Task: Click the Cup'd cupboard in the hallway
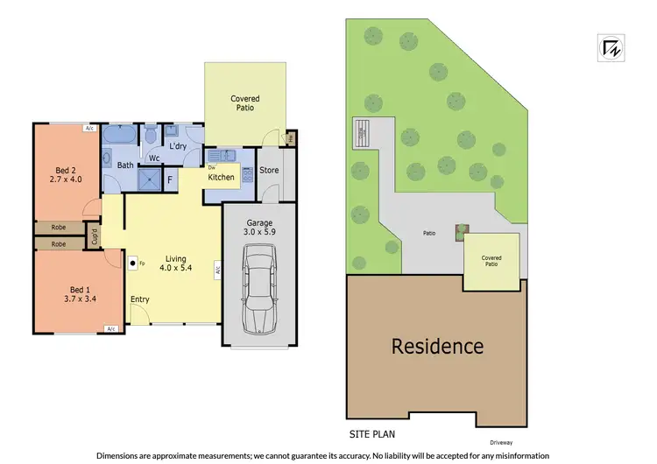[95, 236]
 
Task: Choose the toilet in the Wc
[151, 136]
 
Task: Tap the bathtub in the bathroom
[117, 137]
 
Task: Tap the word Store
[269, 169]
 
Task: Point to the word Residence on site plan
[436, 346]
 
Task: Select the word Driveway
[502, 442]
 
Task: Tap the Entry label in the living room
[139, 299]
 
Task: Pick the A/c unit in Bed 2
[89, 128]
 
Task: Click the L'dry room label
[180, 145]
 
